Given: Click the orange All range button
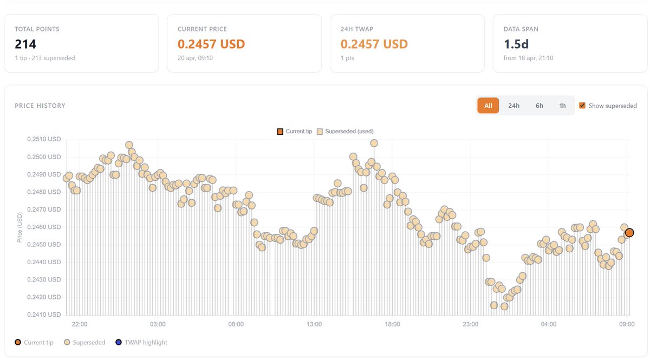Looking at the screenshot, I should point(488,106).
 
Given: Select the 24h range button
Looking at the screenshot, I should point(513,106).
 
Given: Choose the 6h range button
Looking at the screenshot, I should point(539,106).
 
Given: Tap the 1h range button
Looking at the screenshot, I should point(562,106).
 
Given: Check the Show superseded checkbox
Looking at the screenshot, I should point(582,106).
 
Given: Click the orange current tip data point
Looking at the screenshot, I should point(629,233).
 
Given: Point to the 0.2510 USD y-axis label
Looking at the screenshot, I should point(44,139).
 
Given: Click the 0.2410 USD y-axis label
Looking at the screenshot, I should point(44,315).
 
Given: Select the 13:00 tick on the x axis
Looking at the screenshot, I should point(314,324).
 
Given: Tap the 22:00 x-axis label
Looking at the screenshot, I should point(80,324).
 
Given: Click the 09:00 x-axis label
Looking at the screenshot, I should point(627,324).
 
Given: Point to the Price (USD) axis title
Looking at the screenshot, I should point(20,227).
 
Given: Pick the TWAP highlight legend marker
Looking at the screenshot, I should point(119,342).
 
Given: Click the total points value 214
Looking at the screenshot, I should point(26,44).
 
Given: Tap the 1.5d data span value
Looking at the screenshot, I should point(515,44).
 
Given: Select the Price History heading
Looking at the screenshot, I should point(40,106).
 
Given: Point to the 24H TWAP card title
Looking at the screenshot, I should point(357,29).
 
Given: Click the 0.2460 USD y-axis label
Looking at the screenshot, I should point(44,227).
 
